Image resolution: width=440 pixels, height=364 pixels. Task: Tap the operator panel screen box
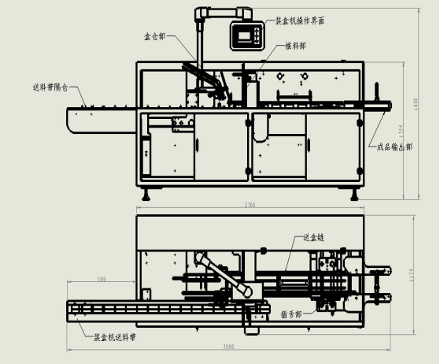[246, 33]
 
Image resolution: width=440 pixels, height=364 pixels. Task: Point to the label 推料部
[298, 46]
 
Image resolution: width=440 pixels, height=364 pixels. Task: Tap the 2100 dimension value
[250, 206]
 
